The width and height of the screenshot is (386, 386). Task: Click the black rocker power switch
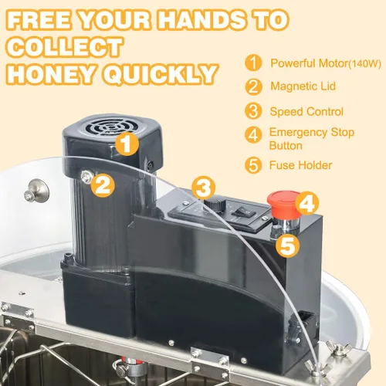pos(243,212)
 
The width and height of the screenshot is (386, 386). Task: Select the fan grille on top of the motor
pos(110,127)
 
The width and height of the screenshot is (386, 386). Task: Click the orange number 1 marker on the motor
pos(127,144)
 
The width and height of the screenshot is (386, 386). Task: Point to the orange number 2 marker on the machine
pos(103,185)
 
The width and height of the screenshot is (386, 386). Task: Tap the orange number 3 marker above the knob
pos(203,188)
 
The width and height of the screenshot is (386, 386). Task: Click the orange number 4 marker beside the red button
pos(307,203)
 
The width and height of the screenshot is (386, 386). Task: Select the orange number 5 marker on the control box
pos(287,245)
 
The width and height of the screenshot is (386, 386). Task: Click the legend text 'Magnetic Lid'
pos(303,86)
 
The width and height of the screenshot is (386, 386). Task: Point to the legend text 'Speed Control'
pos(306,112)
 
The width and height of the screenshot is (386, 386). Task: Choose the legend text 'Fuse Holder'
pos(300,165)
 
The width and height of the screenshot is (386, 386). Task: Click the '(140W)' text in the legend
pos(364,63)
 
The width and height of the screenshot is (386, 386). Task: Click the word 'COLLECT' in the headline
pos(64,47)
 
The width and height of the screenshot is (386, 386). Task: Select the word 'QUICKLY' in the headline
pos(161,74)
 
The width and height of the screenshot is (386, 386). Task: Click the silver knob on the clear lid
pos(37,191)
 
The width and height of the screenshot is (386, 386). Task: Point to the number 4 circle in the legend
pos(253,134)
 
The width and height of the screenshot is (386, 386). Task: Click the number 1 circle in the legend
pos(253,63)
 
